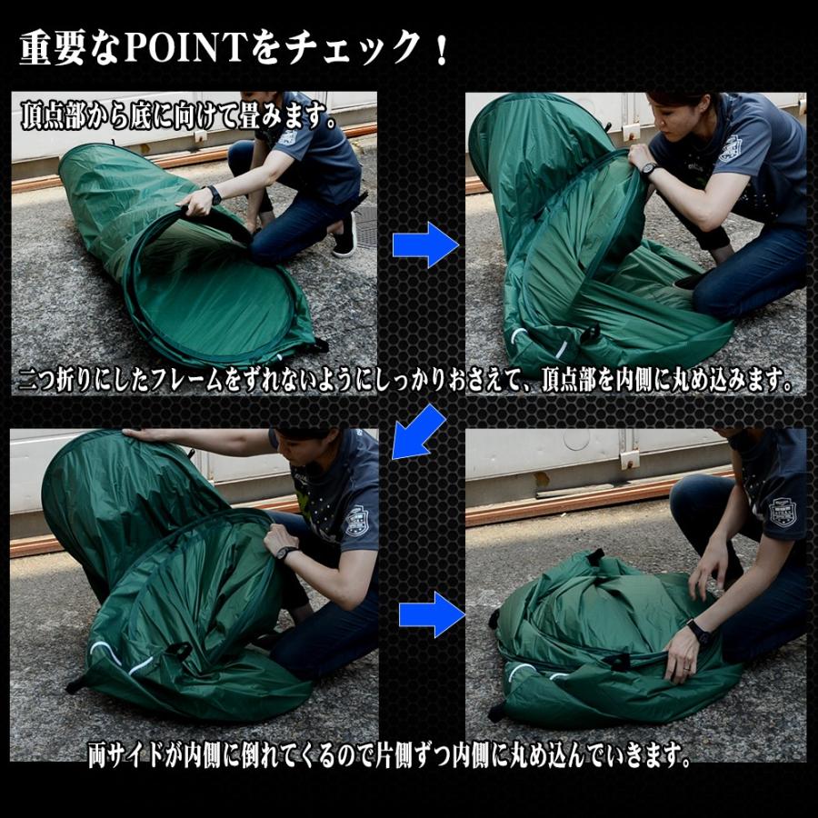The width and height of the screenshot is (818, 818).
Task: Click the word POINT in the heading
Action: coord(185,47)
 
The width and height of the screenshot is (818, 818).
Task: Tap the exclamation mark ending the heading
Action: coord(443,48)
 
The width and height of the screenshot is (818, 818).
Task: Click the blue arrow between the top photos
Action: coord(425,244)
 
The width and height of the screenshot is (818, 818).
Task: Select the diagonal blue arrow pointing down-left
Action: coord(418,432)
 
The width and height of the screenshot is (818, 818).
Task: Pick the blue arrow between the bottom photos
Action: coord(432,614)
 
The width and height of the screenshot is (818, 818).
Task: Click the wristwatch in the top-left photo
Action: coord(214,195)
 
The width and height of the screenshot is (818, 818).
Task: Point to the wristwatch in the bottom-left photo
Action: coord(287,553)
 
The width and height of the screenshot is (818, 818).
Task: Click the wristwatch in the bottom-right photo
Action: coord(699,632)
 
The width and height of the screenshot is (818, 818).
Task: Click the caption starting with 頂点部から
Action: coord(178,115)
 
